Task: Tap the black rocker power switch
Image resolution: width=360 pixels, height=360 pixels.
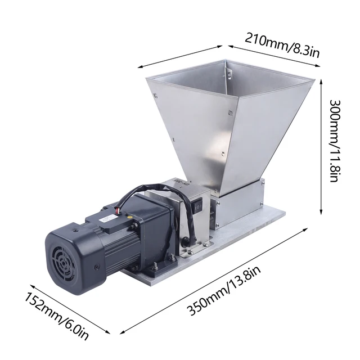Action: pos(198,206)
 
